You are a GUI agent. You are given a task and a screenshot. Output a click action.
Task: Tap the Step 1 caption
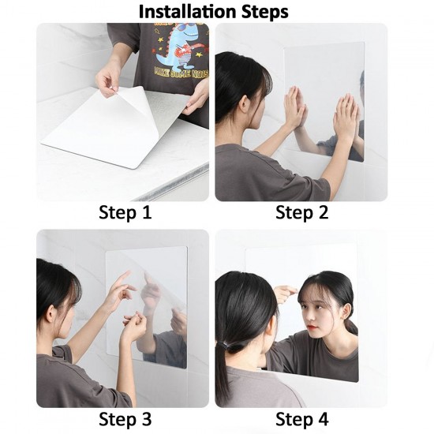pyautogui.click(x=125, y=212)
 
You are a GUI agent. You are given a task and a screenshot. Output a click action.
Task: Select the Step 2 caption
pyautogui.click(x=302, y=212)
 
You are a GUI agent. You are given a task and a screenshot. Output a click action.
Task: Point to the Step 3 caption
pyautogui.click(x=125, y=418)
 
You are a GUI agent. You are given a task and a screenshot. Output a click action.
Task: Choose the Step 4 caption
pyautogui.click(x=302, y=418)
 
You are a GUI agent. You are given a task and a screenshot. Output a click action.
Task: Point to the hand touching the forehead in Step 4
pyautogui.click(x=284, y=294)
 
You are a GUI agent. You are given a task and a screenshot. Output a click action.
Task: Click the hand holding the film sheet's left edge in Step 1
pyautogui.click(x=108, y=77)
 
